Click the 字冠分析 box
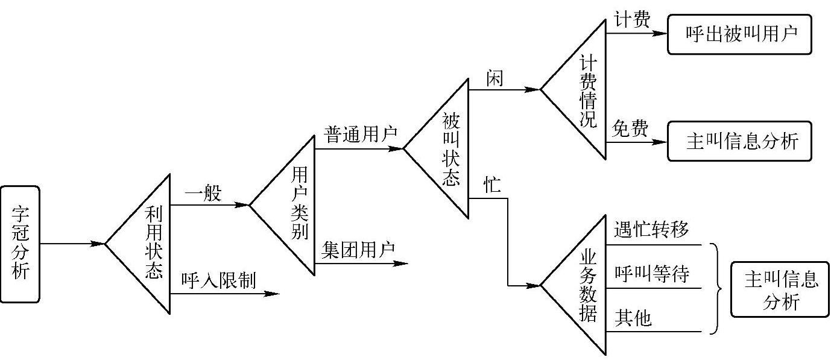pyautogui.click(x=20, y=244)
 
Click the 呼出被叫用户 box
pyautogui.click(x=739, y=33)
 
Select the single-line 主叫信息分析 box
pyautogui.click(x=739, y=141)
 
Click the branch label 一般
pyautogui.click(x=203, y=194)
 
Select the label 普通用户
pyautogui.click(x=360, y=134)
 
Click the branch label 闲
pyautogui.click(x=494, y=78)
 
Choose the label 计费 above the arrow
pyautogui.click(x=631, y=20)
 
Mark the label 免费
pyautogui.click(x=631, y=128)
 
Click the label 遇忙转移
pyautogui.click(x=651, y=230)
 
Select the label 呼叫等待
pyautogui.click(x=651, y=274)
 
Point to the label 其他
pyautogui.click(x=633, y=318)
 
